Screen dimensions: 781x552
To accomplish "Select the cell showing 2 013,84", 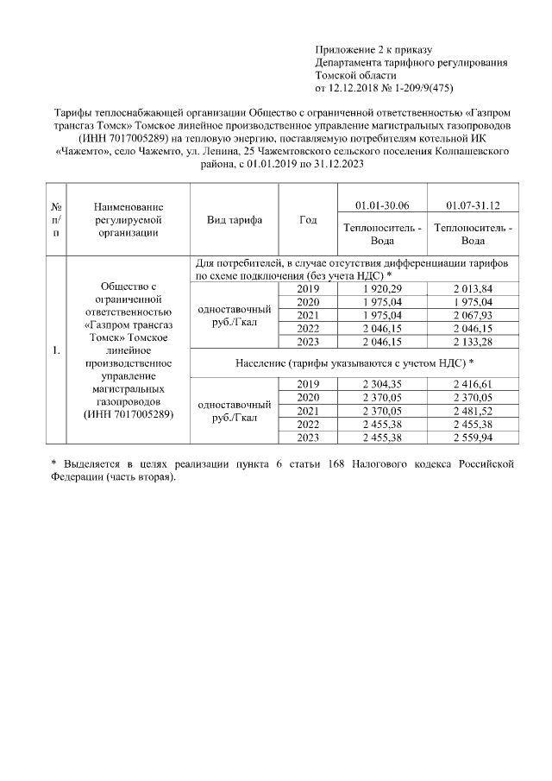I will [x=472, y=288].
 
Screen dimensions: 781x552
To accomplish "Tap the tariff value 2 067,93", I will [x=472, y=315].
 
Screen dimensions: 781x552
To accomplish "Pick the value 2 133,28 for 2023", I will [x=472, y=343].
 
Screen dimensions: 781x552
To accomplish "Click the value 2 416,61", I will [x=472, y=384].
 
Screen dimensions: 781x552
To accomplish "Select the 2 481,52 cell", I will [x=472, y=412].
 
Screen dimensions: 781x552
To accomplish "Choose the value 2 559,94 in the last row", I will [x=472, y=438].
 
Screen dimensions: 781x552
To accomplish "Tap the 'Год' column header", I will [x=308, y=220].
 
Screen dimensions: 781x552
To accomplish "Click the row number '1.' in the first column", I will [x=55, y=350].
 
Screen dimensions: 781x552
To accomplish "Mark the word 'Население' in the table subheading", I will [x=264, y=363].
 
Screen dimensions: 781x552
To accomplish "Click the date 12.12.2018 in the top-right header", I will [x=355, y=88].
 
